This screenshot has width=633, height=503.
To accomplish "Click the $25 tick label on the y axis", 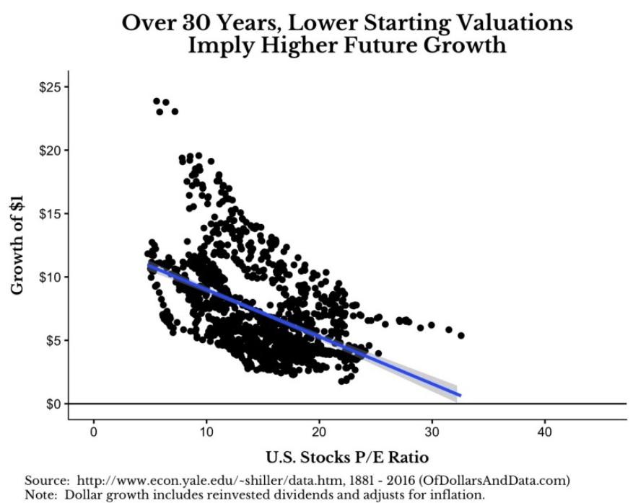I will [54, 87].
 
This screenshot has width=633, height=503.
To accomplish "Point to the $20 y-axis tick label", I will [54, 150].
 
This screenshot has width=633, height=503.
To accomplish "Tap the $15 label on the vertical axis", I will [54, 213].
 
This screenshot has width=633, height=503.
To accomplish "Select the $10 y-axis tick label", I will [54, 277].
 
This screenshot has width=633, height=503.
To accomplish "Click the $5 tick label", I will [57, 339].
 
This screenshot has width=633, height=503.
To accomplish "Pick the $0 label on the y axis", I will [57, 403].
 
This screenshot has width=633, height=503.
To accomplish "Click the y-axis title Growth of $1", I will [17, 245].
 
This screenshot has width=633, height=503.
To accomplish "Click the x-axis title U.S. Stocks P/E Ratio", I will [348, 457].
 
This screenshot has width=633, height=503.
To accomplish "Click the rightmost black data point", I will [460, 335].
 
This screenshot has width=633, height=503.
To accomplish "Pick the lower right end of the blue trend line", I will [459, 395].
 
